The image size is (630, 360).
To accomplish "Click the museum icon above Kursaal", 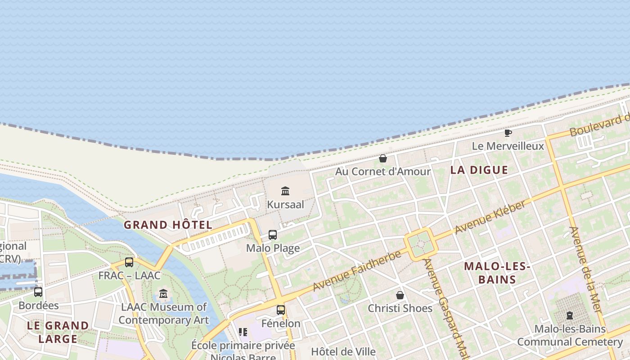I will click(x=285, y=191).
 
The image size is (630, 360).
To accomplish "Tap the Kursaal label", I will click(x=285, y=205).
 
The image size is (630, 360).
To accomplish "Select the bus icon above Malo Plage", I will click(x=273, y=234).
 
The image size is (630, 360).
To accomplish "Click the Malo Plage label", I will click(x=273, y=248).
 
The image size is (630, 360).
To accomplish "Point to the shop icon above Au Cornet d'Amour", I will click(x=383, y=158).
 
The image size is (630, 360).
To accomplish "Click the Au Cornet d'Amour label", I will click(x=383, y=171).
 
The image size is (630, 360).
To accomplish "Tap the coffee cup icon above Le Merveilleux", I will click(x=508, y=133).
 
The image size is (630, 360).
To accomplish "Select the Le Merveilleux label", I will click(x=508, y=146).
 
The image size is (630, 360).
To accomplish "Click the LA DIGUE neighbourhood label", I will click(x=479, y=170).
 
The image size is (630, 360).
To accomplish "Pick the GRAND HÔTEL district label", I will click(x=168, y=225).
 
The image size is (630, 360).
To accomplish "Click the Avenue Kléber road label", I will click(x=490, y=217).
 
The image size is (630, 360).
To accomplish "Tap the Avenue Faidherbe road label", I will click(x=357, y=271).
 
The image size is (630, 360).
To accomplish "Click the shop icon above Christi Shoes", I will click(x=400, y=295).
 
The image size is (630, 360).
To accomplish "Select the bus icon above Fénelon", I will click(x=281, y=310).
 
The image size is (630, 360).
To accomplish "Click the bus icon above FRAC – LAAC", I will click(x=129, y=262).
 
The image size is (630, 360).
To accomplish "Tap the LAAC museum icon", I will click(x=163, y=294).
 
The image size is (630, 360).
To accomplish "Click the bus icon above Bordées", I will click(x=38, y=292).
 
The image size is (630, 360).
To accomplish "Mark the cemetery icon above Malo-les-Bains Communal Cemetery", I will click(x=570, y=315).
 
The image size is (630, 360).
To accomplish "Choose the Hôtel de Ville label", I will click(x=343, y=351).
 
